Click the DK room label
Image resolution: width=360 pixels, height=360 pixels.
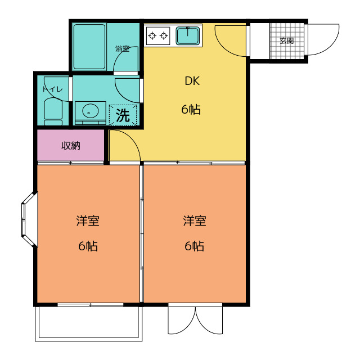192,81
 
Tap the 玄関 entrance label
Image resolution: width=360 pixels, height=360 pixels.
287,41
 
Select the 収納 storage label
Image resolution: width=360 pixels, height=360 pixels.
71,146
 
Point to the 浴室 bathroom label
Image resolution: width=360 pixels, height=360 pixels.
122,49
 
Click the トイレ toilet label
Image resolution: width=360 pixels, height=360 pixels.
52,89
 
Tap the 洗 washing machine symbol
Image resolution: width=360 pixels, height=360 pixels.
123,115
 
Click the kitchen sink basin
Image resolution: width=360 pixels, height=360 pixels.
187,35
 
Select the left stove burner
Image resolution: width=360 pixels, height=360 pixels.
152,35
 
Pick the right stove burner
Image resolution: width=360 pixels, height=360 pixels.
164,35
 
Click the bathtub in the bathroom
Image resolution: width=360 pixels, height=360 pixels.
89,47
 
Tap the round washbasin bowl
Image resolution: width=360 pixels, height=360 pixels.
91,111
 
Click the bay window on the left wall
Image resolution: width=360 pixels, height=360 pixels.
29,220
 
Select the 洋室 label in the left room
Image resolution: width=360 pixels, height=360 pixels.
88,220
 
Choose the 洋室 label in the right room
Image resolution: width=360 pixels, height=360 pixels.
195,220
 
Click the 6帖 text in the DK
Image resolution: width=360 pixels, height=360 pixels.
191,109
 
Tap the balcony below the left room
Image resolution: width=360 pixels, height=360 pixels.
89,324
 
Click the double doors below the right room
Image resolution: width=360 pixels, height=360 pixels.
195,319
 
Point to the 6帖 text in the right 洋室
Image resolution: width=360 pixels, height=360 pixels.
194,246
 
